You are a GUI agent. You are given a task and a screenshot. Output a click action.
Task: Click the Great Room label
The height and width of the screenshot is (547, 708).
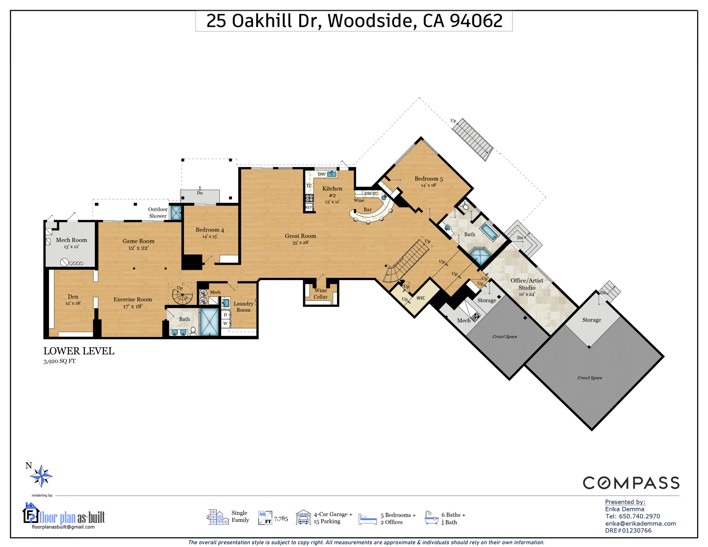pos(301,236)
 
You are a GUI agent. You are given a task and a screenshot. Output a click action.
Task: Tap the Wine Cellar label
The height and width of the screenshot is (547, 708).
pos(320,293)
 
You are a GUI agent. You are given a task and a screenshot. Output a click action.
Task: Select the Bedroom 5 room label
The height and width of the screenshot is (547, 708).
pos(429,179)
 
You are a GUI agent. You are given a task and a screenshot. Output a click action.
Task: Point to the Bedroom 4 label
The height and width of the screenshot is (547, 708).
pos(210,230)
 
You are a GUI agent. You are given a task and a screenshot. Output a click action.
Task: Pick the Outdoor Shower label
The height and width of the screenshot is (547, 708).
pos(158,212)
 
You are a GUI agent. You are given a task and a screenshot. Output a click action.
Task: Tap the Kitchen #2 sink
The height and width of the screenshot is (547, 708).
pos(332,174)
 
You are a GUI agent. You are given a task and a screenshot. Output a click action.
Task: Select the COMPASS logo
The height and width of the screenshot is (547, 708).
pos(631,483)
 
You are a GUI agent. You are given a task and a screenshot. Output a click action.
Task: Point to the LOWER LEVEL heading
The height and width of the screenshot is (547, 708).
pos(79,351)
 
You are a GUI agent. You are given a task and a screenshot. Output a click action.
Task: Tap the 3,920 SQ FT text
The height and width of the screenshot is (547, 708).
pos(59,361)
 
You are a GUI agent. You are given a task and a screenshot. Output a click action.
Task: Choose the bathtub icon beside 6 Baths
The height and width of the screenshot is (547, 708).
pos(431,517)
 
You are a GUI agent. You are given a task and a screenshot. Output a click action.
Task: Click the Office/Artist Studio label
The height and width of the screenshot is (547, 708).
pos(527,284)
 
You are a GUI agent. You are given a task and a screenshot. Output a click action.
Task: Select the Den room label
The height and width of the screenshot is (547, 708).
pos(73,297)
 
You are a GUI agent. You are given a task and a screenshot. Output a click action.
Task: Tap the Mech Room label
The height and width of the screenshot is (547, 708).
pos(71,240)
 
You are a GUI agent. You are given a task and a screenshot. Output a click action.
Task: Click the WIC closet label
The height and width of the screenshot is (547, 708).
pos(420,298)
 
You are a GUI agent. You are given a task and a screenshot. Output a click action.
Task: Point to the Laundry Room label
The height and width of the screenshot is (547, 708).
pos(243,307)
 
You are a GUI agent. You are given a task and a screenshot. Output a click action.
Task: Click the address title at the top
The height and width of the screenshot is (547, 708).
pos(354,21)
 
